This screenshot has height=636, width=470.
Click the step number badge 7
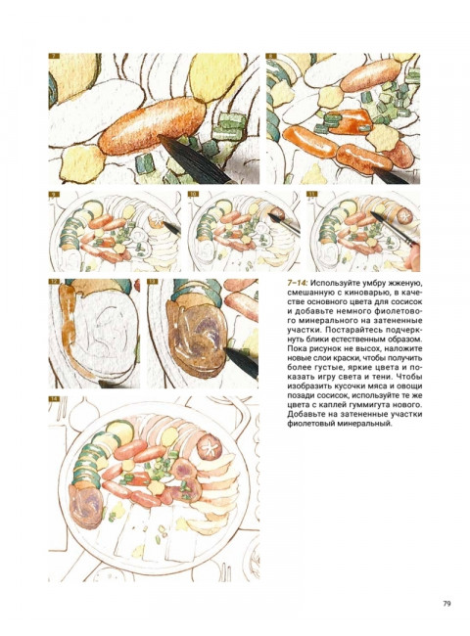click(x=54, y=57)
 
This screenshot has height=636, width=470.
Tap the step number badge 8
click(x=271, y=57)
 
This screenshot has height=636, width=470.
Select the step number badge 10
click(x=194, y=195)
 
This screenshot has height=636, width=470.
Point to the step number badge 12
click(x=54, y=282)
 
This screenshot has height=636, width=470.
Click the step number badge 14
click(x=54, y=398)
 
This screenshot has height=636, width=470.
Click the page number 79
click(x=446, y=603)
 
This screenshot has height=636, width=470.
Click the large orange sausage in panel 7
click(x=152, y=126)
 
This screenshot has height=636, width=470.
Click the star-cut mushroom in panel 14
click(x=210, y=445)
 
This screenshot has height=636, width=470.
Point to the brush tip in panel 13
click(x=241, y=361)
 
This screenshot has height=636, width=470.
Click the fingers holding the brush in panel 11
click(x=413, y=258)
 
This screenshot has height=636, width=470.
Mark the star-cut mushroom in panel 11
click(x=403, y=216)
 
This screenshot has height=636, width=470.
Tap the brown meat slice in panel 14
click(x=85, y=506)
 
